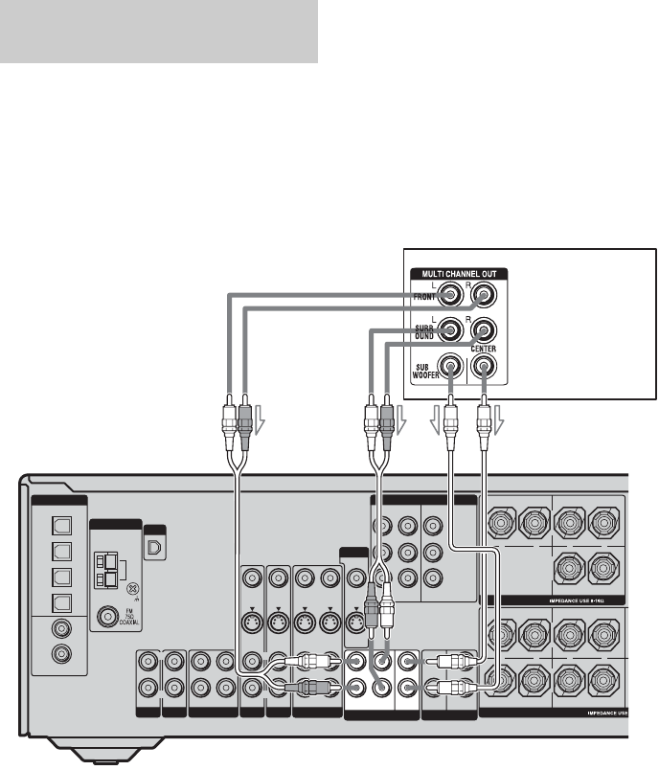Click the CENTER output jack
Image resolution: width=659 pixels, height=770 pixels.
485,365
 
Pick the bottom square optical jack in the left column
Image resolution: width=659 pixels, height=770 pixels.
58,604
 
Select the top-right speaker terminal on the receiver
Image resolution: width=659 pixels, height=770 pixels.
602,524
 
